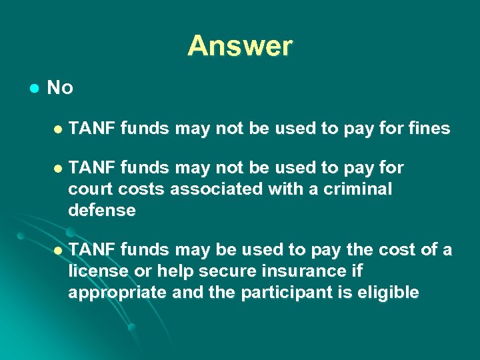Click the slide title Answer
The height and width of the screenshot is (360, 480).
[240, 46]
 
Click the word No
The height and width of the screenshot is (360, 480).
[60, 87]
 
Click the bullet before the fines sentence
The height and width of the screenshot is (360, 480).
[58, 129]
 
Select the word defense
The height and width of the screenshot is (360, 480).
[101, 211]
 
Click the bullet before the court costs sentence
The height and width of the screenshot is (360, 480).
[58, 167]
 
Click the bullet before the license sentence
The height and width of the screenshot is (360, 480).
[58, 250]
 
